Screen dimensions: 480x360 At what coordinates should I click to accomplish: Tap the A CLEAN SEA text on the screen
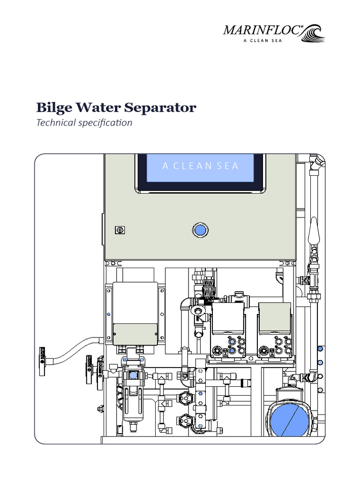pos(200,166)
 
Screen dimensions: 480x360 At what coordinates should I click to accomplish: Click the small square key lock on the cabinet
pos(120,230)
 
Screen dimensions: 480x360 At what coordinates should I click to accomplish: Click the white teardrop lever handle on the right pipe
pos(313,231)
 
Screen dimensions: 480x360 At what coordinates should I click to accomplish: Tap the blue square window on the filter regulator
pos(133,375)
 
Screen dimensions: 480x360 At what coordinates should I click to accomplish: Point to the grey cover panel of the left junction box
pos(135,333)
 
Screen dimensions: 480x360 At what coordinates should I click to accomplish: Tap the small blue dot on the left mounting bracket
pos(109,314)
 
